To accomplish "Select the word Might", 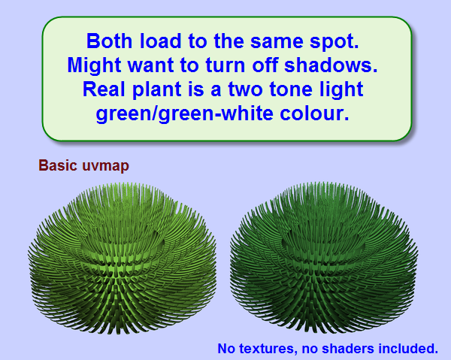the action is point(94,65).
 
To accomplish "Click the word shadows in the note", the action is point(331,65).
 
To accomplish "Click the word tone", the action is point(291,89).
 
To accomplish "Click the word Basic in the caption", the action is point(58,165).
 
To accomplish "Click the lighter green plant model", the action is point(123,258).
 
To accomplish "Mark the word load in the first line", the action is point(161,41).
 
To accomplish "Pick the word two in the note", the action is point(246,89).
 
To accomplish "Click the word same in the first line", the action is point(277,42).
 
